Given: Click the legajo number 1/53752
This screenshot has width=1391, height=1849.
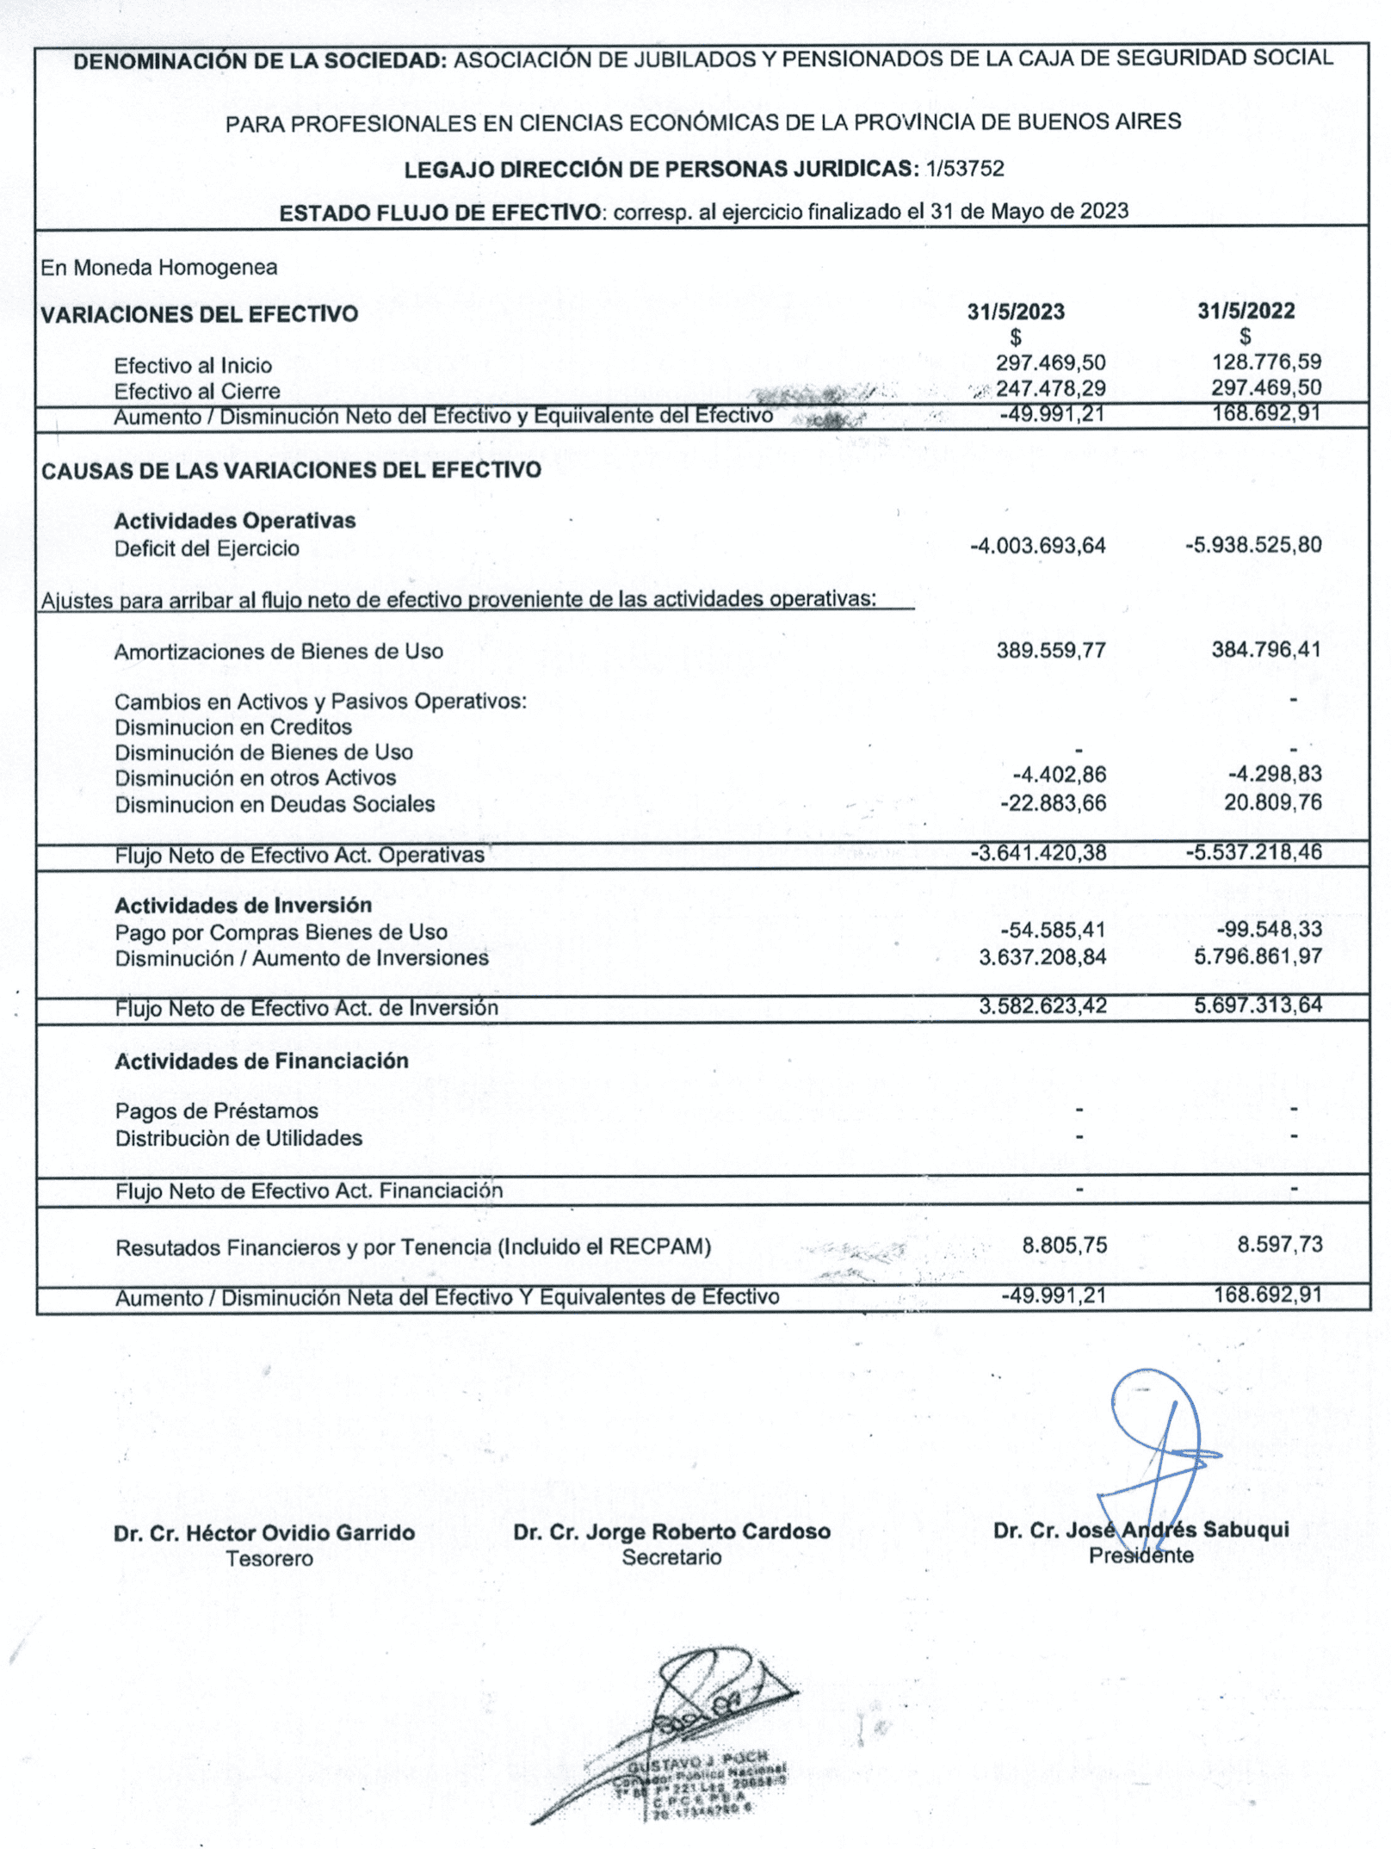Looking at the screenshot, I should [x=965, y=169].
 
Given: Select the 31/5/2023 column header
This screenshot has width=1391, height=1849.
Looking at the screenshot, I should [x=1016, y=312].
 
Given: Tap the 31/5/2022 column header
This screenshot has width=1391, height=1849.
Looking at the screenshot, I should [x=1246, y=311].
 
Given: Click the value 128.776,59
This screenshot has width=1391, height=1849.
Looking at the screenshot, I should [x=1266, y=362].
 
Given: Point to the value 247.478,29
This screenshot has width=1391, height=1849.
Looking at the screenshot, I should [x=1050, y=388].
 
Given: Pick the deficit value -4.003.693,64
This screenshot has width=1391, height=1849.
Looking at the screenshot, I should [x=1037, y=546].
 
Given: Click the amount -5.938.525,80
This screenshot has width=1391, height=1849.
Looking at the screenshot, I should [x=1253, y=545].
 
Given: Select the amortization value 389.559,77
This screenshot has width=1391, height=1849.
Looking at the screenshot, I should [x=1051, y=650].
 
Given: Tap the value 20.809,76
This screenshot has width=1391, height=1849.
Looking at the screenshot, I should [x=1272, y=802].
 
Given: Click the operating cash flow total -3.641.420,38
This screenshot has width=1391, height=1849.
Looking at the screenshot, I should [x=1038, y=853].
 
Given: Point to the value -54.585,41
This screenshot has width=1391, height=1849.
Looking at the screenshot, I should [x=1053, y=930].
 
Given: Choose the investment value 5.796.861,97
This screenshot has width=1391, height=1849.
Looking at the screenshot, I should [x=1258, y=956].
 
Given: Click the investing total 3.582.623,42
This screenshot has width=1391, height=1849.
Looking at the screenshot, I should [x=1042, y=1005].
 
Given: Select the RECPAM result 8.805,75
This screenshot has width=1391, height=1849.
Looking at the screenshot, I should [x=1064, y=1245].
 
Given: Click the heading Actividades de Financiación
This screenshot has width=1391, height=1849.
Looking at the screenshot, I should [x=262, y=1061].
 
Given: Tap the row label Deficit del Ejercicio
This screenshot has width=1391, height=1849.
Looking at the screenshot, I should [x=207, y=548].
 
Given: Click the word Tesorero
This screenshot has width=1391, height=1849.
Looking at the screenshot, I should [x=269, y=1558].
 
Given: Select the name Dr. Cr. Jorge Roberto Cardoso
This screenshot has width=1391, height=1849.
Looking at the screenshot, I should [x=671, y=1531].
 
